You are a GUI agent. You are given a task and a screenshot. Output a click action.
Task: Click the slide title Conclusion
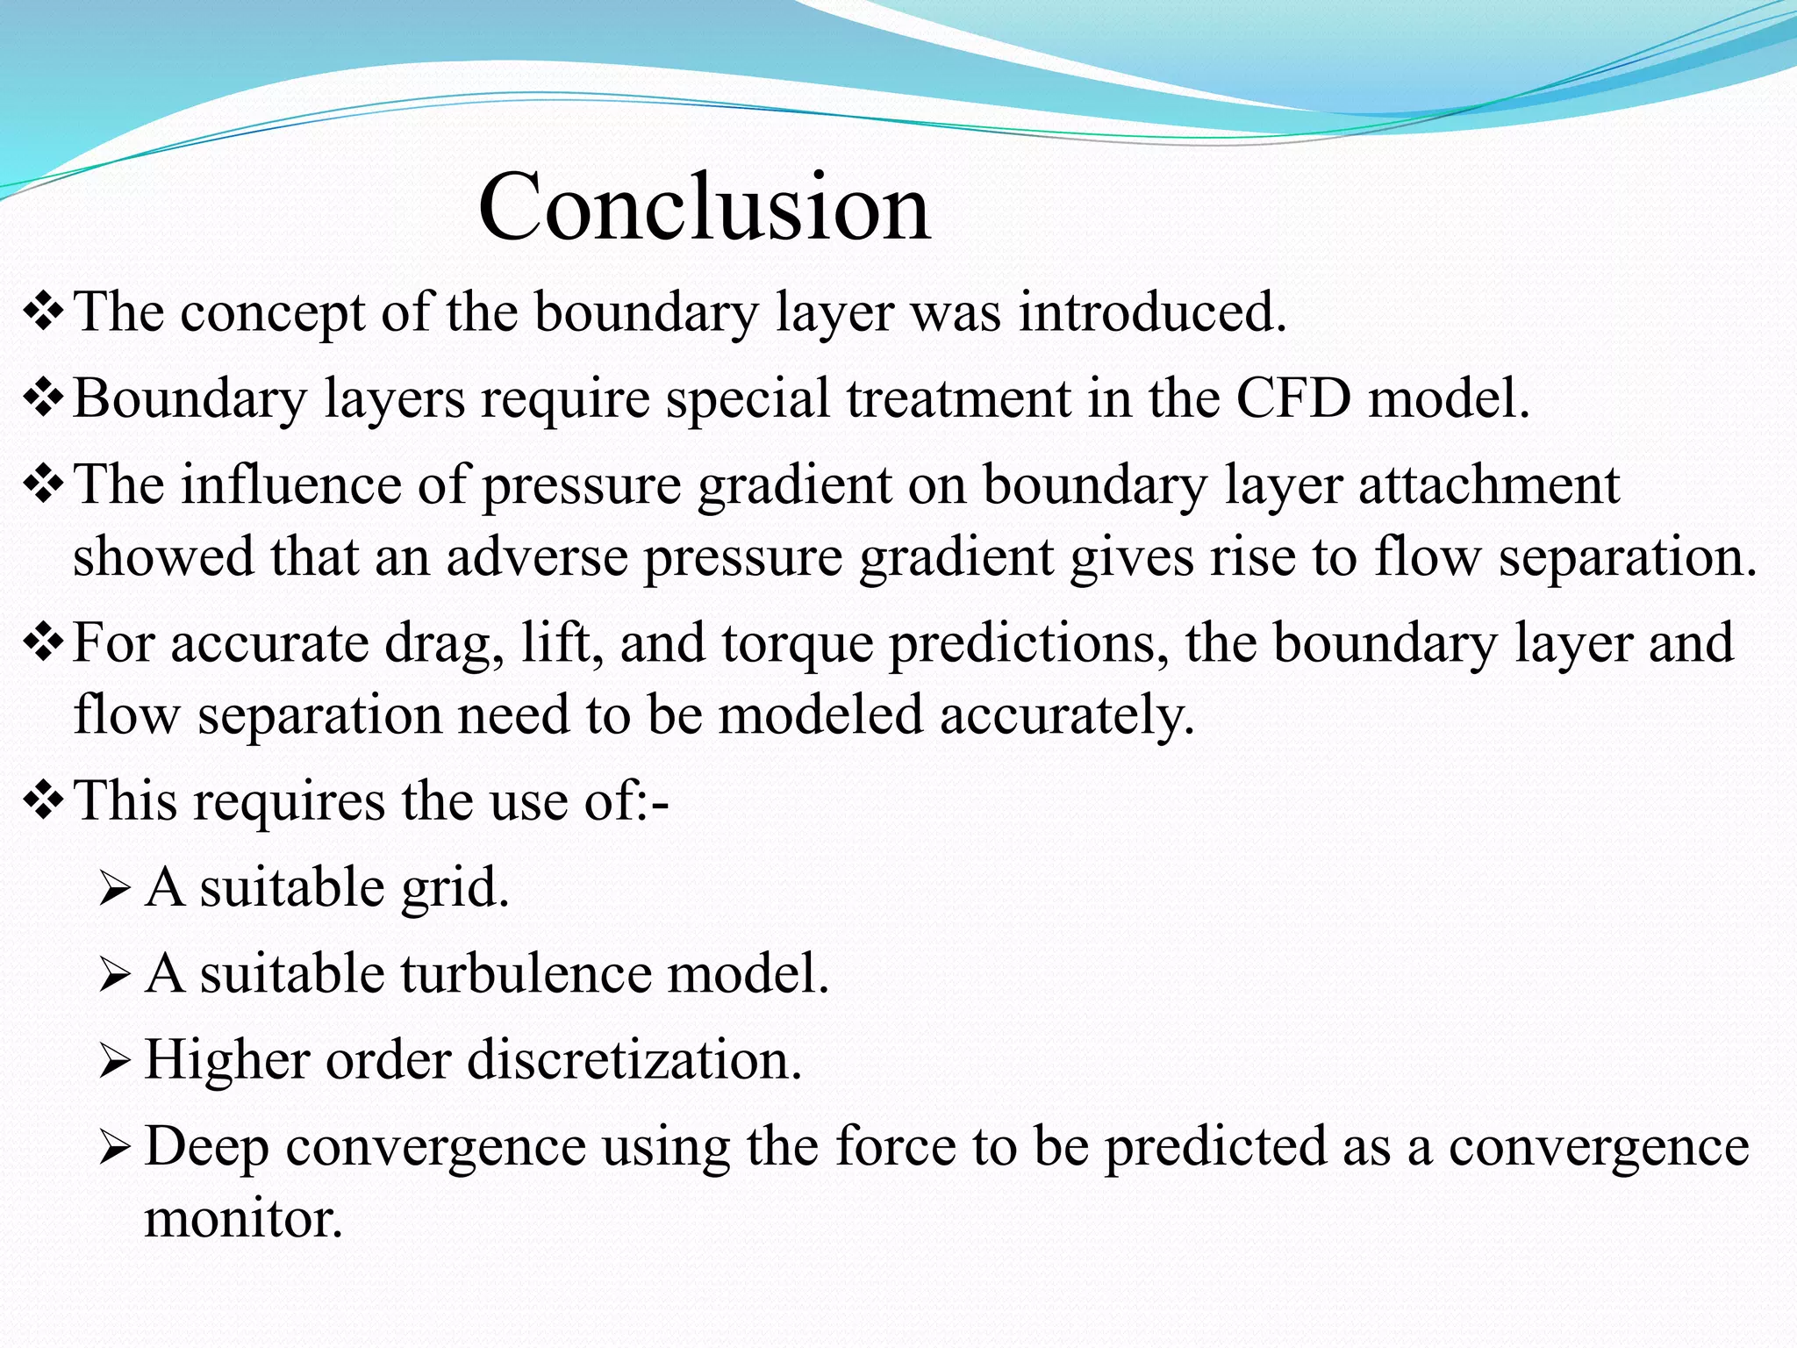click(704, 208)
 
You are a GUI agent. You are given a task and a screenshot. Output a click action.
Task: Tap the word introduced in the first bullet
click(1151, 312)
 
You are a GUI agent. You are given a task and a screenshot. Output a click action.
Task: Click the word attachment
click(1488, 485)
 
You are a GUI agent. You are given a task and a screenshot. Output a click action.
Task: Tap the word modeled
click(820, 715)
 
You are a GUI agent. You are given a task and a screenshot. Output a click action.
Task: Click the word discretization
click(634, 1060)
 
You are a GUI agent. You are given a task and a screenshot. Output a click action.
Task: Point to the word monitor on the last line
click(243, 1219)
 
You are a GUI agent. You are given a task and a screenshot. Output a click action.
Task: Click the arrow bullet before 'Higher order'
click(115, 1062)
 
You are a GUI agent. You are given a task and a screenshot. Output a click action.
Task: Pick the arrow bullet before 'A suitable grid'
click(115, 890)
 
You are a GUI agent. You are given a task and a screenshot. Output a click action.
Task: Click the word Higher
click(226, 1060)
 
